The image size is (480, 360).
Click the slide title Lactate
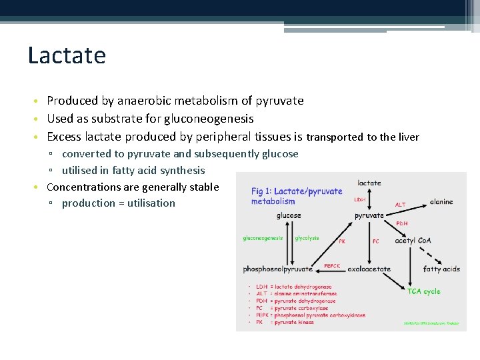tap(67, 55)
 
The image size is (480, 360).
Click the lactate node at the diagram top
tap(369, 183)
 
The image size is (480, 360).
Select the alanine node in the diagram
tap(441, 201)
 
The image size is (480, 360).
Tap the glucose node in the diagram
tap(289, 215)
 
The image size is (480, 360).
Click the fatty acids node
tap(441, 269)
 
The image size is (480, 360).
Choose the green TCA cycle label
tap(424, 291)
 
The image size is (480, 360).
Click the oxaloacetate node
tap(369, 269)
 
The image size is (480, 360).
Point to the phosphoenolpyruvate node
tap(278, 269)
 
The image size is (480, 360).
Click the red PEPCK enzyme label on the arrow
tap(332, 265)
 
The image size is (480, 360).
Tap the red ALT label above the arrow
tap(400, 205)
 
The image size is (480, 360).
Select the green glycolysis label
tap(307, 238)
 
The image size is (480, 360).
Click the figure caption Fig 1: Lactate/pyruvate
tap(296, 191)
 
